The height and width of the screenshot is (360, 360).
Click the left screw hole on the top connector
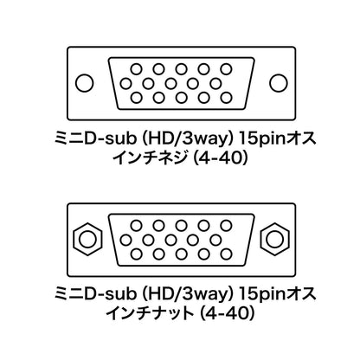click(85, 83)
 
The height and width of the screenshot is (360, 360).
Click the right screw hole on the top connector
click(279, 83)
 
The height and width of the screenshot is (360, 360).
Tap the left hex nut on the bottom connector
click(87, 239)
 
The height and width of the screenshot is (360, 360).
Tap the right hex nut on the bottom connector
click(275, 239)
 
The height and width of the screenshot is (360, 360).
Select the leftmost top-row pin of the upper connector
click(137, 69)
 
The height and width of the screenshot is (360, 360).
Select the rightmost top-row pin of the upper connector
click(226, 69)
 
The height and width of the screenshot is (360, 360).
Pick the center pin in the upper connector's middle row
click(170, 84)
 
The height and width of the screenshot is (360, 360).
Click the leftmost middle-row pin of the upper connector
click(125, 84)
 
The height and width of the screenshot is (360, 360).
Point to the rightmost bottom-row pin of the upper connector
click(226, 98)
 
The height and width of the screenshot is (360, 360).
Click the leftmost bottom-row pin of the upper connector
click(137, 98)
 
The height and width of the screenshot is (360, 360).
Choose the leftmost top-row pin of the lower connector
click(137, 226)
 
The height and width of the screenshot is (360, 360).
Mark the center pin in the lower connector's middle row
click(170, 240)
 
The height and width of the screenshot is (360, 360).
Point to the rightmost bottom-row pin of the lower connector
click(226, 254)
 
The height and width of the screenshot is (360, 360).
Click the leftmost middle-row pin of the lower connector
click(125, 240)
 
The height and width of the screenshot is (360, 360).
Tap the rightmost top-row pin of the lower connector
click(226, 226)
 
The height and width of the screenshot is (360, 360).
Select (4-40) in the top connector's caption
click(221, 158)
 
